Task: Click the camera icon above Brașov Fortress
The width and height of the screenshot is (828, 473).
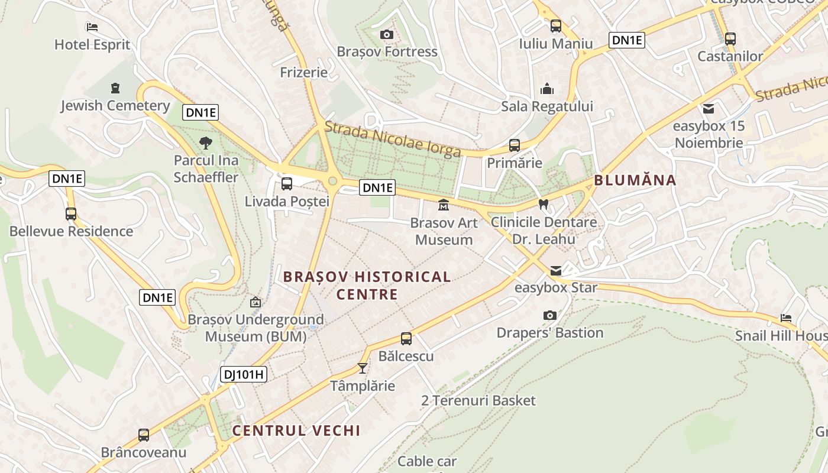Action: coord(387,35)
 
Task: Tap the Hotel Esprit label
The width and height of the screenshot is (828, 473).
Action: coord(92,44)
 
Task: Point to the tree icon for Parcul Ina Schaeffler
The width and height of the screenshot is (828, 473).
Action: coord(206,142)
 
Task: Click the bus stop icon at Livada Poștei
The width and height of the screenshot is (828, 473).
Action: coord(287,184)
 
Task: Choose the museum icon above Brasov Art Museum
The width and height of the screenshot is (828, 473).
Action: coord(443,205)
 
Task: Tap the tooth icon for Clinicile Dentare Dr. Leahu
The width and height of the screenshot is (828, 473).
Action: coord(544,204)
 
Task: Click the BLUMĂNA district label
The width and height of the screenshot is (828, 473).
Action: coord(635,180)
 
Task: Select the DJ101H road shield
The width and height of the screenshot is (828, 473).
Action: coord(243,374)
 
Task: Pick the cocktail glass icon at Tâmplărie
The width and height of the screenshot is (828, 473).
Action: coord(363,368)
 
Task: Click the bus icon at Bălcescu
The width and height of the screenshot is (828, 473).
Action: coord(406,339)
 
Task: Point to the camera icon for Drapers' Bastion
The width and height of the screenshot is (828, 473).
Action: coord(549,315)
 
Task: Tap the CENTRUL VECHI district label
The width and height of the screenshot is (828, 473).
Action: coord(296,430)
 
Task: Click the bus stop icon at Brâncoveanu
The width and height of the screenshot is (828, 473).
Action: coord(144,435)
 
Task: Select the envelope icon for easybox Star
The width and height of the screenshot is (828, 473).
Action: coord(556,270)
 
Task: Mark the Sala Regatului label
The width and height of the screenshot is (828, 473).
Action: coord(546,106)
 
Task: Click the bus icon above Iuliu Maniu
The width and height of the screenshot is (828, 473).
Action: coord(555,26)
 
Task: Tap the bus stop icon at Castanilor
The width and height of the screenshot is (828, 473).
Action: coord(730,39)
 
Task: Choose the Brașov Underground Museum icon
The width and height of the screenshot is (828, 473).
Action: coord(255,302)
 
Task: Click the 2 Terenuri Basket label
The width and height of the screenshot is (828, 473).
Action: coord(478,400)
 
